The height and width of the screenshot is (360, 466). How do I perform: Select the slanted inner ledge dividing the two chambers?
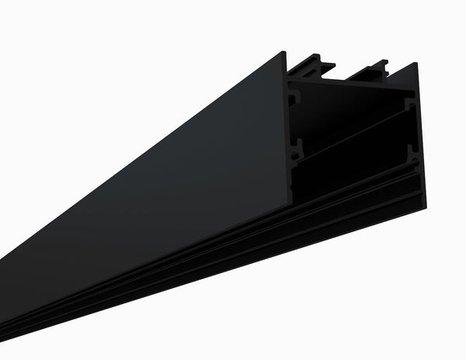click(x=349, y=136)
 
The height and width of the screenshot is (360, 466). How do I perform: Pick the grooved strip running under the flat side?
click(x=233, y=233)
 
